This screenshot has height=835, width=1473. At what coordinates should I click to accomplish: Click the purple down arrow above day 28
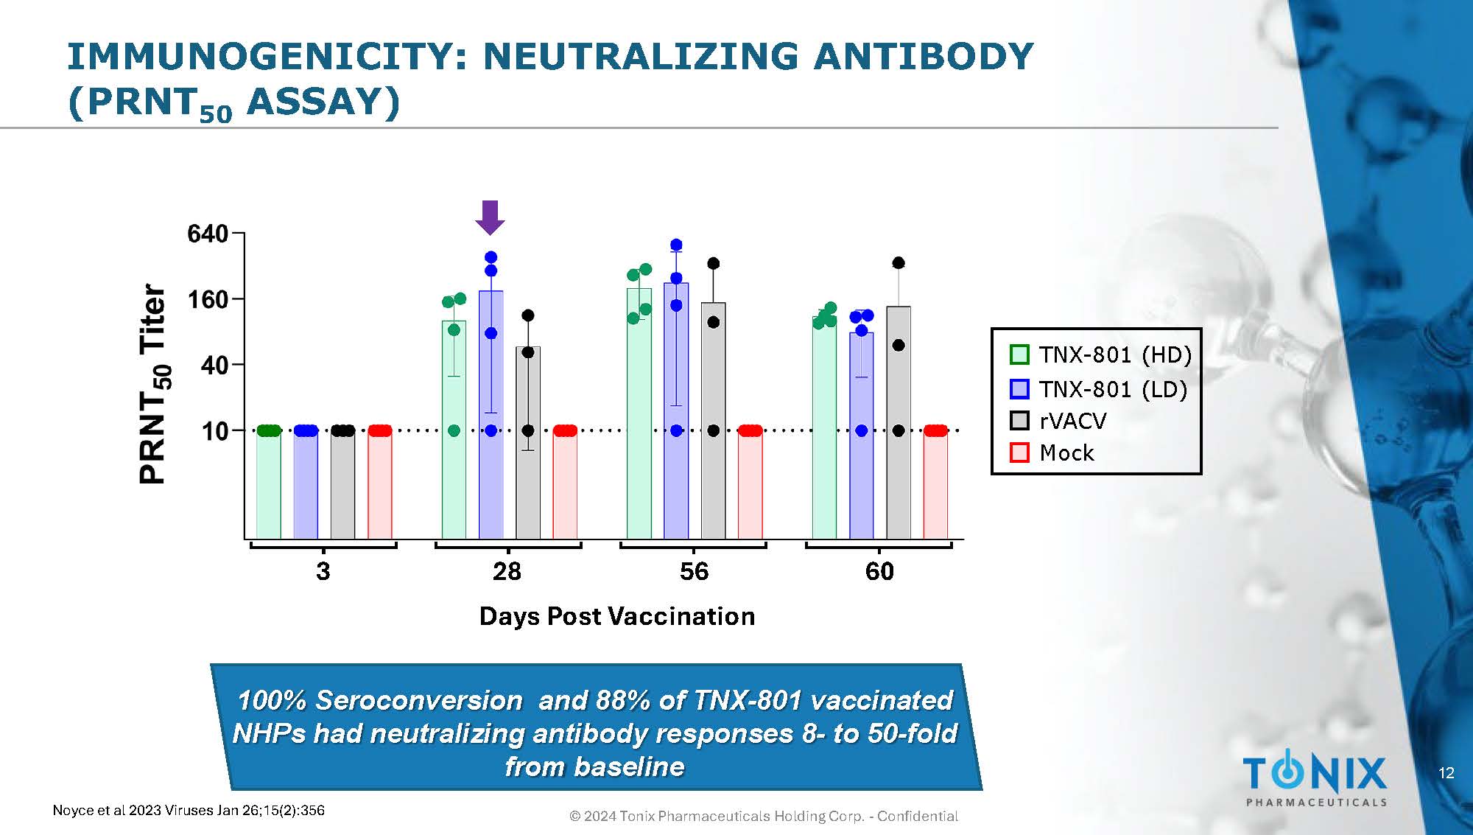[x=490, y=217]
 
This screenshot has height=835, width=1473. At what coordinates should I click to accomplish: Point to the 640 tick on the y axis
[x=208, y=234]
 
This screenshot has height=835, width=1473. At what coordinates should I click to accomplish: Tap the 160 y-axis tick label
[x=208, y=300]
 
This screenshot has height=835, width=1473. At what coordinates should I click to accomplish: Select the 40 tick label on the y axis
[x=214, y=365]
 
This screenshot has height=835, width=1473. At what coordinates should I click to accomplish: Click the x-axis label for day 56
[x=694, y=571]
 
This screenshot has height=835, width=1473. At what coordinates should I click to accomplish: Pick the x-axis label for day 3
[x=323, y=571]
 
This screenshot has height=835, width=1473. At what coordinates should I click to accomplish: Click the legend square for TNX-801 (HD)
[x=1019, y=354]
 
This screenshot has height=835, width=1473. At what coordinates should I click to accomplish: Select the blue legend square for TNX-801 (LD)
[x=1019, y=389]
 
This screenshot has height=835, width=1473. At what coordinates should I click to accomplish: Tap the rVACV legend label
[x=1073, y=421]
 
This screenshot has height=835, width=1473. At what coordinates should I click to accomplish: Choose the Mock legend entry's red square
[x=1019, y=453]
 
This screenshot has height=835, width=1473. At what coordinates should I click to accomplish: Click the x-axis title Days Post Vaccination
[x=617, y=616]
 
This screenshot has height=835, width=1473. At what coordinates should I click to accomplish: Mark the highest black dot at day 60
[x=899, y=263]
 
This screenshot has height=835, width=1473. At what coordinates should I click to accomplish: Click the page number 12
[x=1446, y=773]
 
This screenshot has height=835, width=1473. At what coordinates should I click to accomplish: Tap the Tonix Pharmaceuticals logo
[x=1315, y=778]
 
